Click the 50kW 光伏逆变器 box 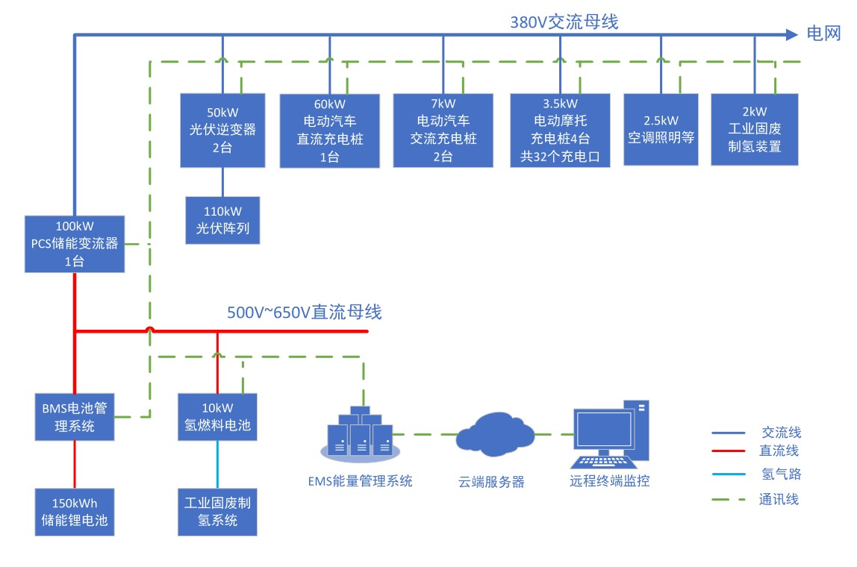[222, 130]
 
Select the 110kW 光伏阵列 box [222, 220]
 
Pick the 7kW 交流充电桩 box [443, 131]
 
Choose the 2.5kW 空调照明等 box [661, 129]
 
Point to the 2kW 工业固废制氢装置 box [755, 129]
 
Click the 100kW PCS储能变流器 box [74, 244]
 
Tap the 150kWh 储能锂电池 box [75, 511]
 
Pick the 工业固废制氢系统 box [217, 511]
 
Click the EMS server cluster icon [360, 433]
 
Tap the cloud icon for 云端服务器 [493, 434]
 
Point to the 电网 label [823, 34]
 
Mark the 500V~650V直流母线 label [304, 312]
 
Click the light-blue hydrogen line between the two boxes [217, 464]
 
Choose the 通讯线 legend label [779, 499]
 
